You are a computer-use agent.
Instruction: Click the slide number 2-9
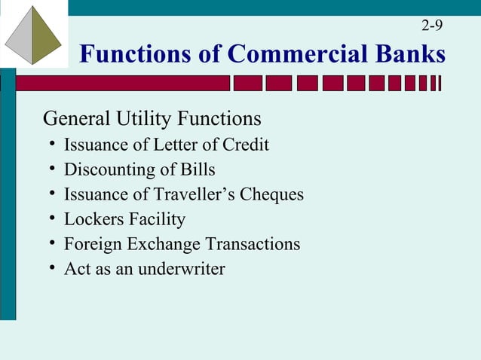pyautogui.click(x=432, y=26)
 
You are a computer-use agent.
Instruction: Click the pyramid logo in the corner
pyautogui.click(x=33, y=35)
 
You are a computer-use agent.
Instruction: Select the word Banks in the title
pyautogui.click(x=410, y=54)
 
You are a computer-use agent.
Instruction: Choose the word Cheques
pyautogui.click(x=272, y=194)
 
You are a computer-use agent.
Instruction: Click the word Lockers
pyautogui.click(x=92, y=219)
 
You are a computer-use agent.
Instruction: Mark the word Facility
pyautogui.click(x=155, y=220)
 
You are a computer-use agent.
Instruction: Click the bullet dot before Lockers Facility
pyautogui.click(x=51, y=219)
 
